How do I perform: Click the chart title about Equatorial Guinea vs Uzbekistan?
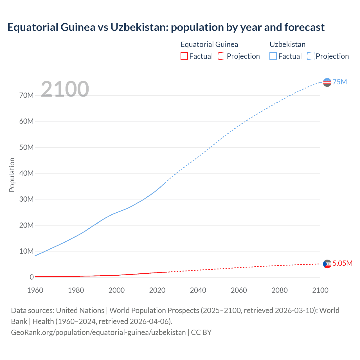[x=166, y=27]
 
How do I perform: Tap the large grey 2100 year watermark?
[x=65, y=89]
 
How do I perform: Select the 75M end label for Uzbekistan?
[x=340, y=82]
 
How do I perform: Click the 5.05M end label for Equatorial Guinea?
[x=342, y=263]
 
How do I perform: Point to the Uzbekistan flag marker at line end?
[x=327, y=82]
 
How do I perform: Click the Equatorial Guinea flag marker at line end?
[x=327, y=264]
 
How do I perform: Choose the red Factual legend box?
[x=184, y=56]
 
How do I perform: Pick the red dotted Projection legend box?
[x=222, y=56]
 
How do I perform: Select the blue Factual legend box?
[x=273, y=56]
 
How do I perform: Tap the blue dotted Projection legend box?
[x=311, y=56]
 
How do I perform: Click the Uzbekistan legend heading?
[x=287, y=44]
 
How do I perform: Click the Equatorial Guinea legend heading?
[x=209, y=44]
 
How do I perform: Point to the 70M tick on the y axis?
[x=26, y=96]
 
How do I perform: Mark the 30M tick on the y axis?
[x=26, y=199]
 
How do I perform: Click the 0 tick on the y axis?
[x=31, y=277]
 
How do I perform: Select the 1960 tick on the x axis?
[x=35, y=290]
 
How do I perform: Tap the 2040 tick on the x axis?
[x=198, y=290]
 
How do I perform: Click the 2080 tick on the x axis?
[x=280, y=290]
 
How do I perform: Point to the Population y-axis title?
[x=12, y=175]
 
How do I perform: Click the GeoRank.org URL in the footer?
[x=98, y=332]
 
